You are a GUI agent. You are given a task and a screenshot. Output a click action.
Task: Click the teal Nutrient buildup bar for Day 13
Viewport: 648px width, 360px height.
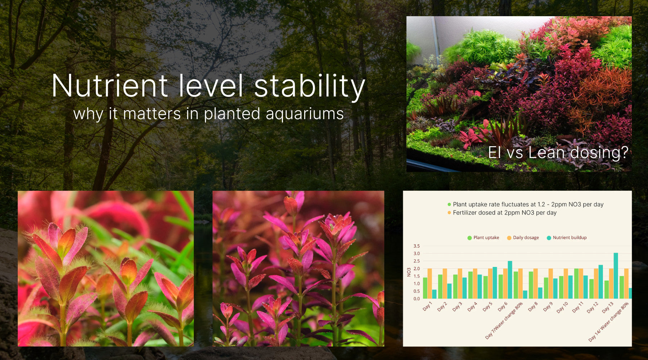(x=616, y=276)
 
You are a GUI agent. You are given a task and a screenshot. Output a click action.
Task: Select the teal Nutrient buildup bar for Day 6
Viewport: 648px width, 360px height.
(x=510, y=280)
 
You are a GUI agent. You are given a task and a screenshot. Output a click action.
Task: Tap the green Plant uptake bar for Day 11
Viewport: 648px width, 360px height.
(x=576, y=283)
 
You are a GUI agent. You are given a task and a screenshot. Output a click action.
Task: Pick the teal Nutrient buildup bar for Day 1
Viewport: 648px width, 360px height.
(x=434, y=294)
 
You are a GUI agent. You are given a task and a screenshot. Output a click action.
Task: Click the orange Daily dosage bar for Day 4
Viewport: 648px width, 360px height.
(x=475, y=283)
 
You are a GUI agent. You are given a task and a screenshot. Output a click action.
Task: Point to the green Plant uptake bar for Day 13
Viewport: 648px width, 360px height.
(x=607, y=289)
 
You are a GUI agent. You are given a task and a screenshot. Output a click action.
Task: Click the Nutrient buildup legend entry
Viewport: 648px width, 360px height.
(x=570, y=238)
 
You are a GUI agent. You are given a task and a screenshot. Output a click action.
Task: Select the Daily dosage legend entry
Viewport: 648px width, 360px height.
(x=526, y=238)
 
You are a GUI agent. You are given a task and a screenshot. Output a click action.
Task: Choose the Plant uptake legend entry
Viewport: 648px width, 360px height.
(x=486, y=238)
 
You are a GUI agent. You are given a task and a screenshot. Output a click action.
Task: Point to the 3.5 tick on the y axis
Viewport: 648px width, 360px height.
(x=417, y=246)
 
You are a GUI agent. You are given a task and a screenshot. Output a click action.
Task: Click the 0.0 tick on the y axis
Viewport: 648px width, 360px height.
(x=417, y=298)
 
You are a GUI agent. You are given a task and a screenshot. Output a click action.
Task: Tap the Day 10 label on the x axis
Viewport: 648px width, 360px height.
(x=562, y=307)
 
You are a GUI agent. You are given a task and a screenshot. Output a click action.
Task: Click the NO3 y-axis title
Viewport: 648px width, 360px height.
(x=409, y=272)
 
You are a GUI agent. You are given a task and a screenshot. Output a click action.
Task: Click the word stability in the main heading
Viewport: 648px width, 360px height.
(x=310, y=86)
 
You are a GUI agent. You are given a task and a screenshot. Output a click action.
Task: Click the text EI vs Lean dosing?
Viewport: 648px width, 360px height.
(x=558, y=153)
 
